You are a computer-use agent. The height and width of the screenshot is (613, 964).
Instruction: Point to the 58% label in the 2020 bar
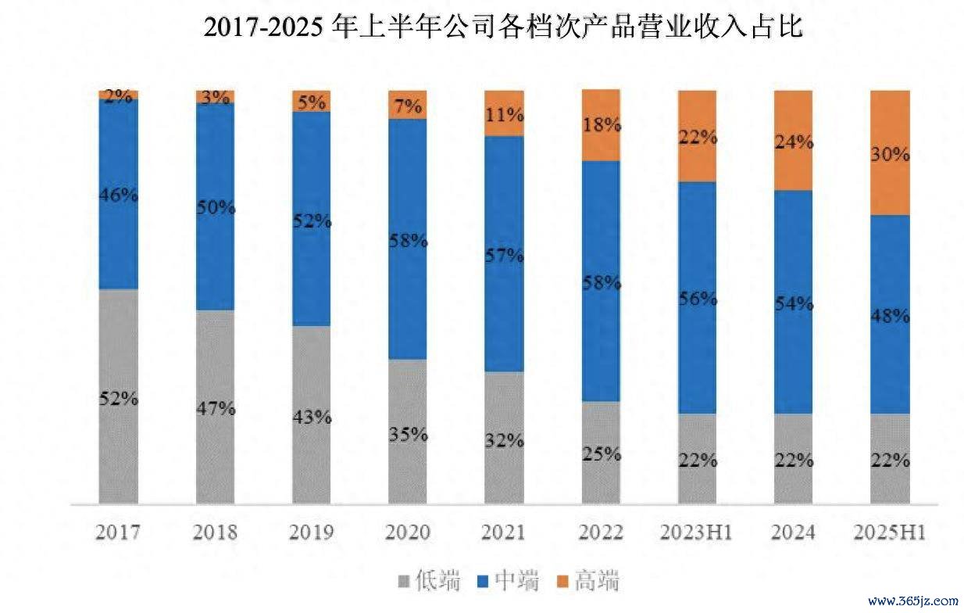pyautogui.click(x=408, y=241)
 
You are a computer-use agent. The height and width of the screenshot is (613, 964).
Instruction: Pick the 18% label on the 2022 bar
pyautogui.click(x=601, y=124)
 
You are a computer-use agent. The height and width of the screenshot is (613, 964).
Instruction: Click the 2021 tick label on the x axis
pyautogui.click(x=504, y=533)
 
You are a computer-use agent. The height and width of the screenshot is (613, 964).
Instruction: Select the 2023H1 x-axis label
pyautogui.click(x=698, y=533)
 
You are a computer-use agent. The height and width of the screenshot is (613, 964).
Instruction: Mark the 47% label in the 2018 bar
pyautogui.click(x=215, y=408)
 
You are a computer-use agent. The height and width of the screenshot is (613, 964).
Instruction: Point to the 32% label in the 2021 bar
pyautogui.click(x=504, y=440)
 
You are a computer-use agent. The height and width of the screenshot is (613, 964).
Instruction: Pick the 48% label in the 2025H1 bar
pyautogui.click(x=891, y=317)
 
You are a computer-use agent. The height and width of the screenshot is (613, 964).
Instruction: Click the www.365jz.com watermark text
pyautogui.click(x=912, y=602)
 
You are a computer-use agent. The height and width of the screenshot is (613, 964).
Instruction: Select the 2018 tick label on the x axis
pyautogui.click(x=215, y=533)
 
